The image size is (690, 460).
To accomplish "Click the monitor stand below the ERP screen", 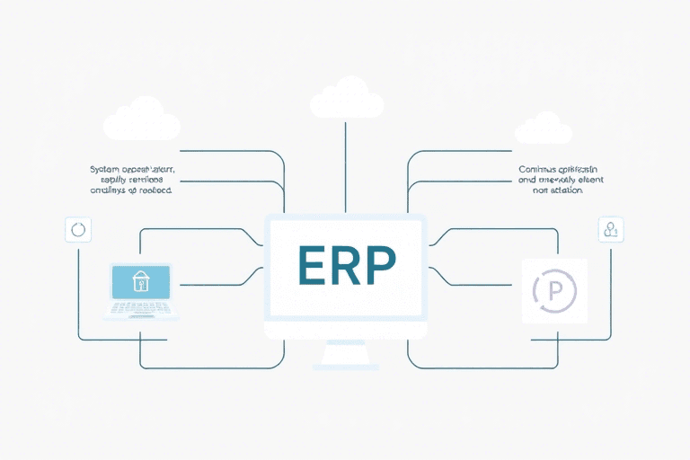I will coord(344,355).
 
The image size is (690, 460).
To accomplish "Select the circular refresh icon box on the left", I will coord(78,229).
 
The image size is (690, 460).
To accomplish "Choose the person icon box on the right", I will coord(611,229).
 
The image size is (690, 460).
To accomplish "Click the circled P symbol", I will coord(553,290).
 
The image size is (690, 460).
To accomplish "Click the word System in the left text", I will coord(107,169).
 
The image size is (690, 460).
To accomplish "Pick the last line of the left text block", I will coord(129,190).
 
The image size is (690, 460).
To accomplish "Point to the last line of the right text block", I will coord(557,190).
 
